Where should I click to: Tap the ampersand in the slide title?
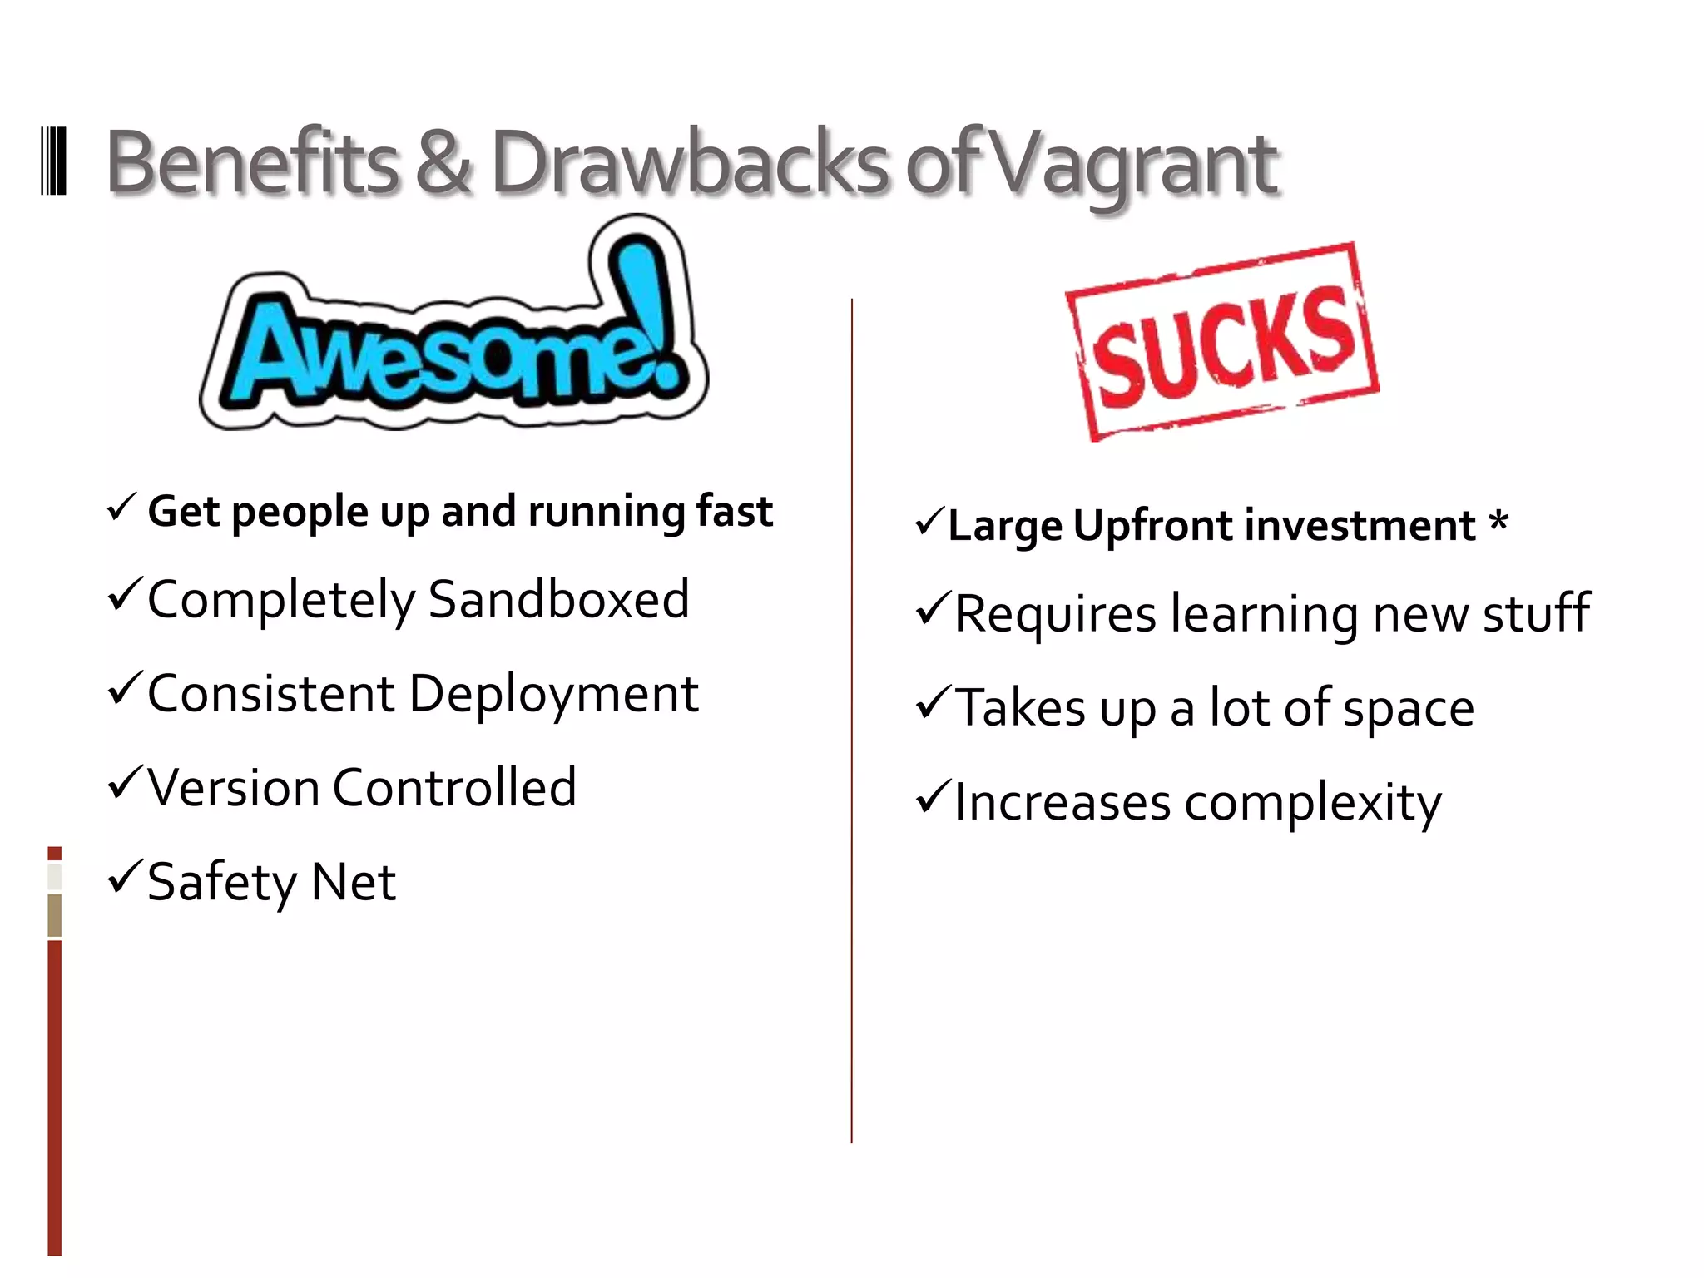tap(443, 162)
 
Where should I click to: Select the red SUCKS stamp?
tap(1221, 342)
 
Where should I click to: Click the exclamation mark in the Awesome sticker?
tap(641, 308)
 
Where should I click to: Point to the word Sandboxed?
tap(558, 599)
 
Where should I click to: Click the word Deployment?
tap(554, 694)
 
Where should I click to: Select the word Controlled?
tap(454, 787)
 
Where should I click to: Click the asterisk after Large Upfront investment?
tap(1498, 523)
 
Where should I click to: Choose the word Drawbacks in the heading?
tap(691, 162)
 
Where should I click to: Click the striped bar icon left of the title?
tap(53, 161)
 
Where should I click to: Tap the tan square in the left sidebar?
tap(55, 915)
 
